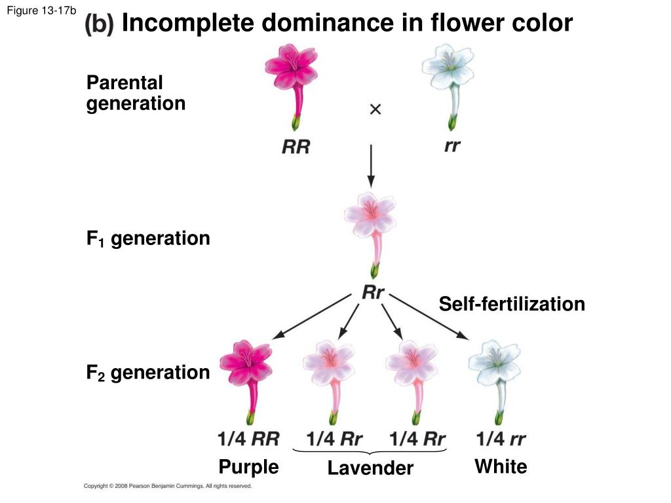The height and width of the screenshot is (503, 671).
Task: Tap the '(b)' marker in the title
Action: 100,24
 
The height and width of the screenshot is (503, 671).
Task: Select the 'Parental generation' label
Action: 136,93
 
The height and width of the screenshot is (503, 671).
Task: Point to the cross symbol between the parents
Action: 375,110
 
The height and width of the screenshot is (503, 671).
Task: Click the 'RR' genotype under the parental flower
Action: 296,147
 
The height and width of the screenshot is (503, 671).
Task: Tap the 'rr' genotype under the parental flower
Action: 451,146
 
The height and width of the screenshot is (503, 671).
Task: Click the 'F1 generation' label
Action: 148,238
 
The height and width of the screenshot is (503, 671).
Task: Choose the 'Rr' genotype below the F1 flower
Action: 373,293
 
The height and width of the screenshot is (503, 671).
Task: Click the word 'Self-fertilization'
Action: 512,304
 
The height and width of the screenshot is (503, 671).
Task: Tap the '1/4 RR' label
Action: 248,439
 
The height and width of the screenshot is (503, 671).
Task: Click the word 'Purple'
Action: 248,467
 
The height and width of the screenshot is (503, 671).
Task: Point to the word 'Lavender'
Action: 370,468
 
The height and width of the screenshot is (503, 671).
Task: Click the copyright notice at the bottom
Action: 168,486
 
